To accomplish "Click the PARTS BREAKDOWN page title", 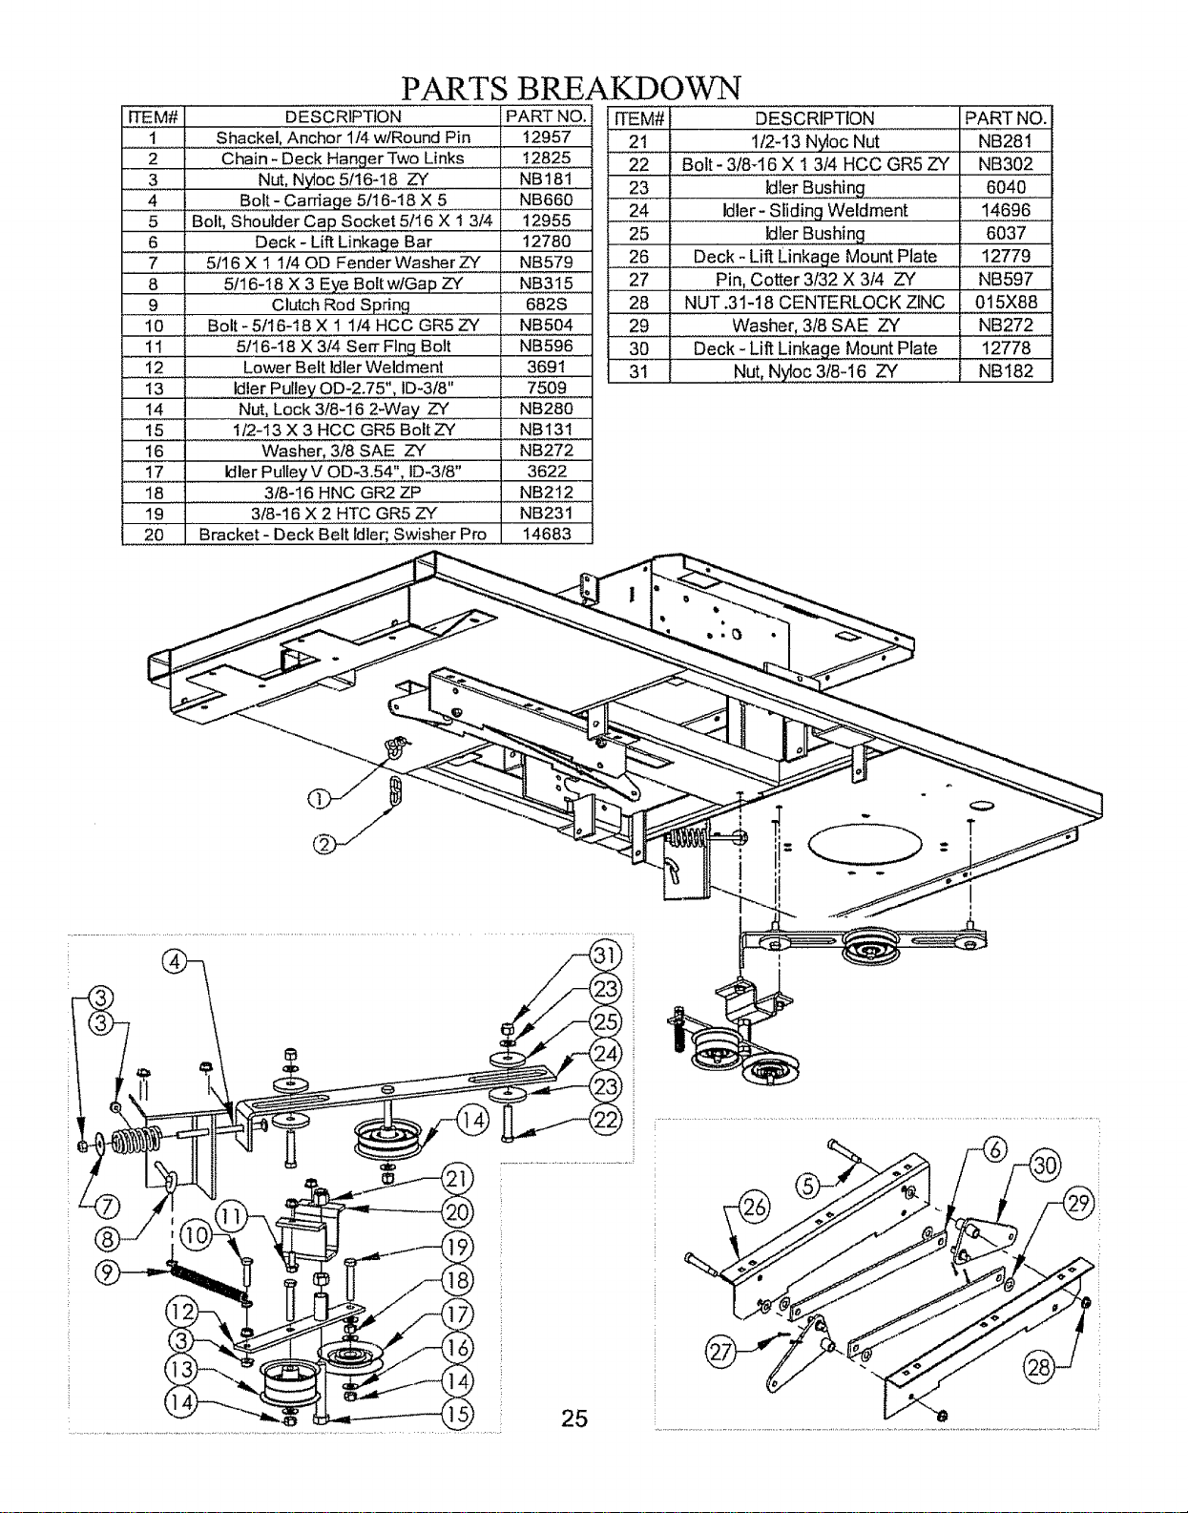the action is pos(572,89).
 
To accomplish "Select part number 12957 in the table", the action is pos(547,137).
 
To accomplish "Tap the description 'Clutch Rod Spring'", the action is pos(341,305).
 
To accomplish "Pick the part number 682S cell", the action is pos(547,305).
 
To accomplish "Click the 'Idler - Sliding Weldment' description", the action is pos(814,210).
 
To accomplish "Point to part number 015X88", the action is pos(1006,303).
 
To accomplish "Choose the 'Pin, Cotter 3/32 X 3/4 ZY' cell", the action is pos(814,279).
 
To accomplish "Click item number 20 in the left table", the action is pos(154,535).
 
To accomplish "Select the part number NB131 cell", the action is pos(547,430).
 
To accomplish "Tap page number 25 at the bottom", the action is pos(574,1418).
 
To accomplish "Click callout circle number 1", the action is pos(319,799).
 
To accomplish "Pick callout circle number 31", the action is pos(606,956).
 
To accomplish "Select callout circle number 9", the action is pos(107,1273).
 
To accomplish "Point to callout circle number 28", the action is pos(1039,1368).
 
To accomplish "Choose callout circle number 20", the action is pos(457,1212).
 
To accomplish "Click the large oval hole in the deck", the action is pos(865,844).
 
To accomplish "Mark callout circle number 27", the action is pos(720,1353).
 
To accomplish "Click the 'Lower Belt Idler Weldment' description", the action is pos(343,367).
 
